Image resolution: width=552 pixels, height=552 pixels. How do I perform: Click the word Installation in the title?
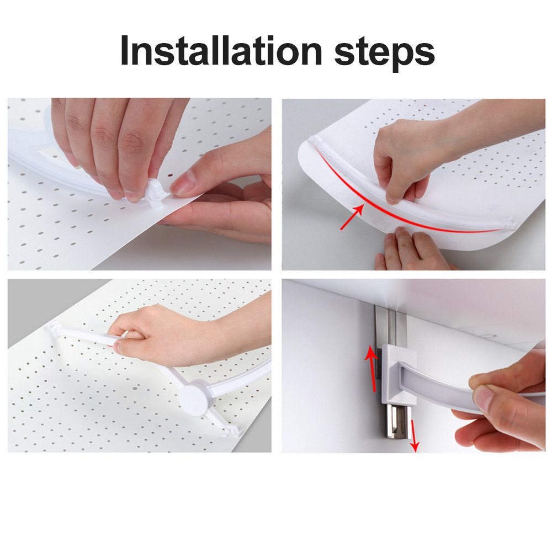[x=221, y=50]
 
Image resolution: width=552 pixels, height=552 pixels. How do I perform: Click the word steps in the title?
[x=384, y=54]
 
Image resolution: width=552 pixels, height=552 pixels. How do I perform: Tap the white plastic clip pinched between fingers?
[x=156, y=192]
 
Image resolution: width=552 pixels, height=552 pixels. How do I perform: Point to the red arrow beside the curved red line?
[x=352, y=217]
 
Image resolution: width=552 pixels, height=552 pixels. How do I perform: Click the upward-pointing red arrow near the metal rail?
[x=371, y=368]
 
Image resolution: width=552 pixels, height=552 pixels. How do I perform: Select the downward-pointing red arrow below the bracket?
[x=413, y=436]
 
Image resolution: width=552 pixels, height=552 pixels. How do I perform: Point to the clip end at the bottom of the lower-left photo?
[x=233, y=431]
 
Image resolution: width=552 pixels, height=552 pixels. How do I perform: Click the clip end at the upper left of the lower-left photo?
[x=53, y=326]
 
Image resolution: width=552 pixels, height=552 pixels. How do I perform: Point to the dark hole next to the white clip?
[x=171, y=174]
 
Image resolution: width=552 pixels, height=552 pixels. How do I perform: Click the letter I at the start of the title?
[x=124, y=50]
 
